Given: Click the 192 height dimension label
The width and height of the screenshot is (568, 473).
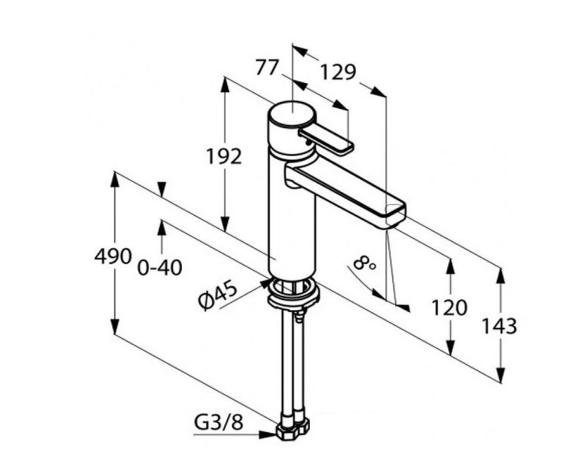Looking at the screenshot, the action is click(x=224, y=156).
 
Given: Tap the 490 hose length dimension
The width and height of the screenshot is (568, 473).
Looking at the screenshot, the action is click(x=112, y=257).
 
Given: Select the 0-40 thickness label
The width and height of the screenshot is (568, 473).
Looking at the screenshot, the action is click(x=160, y=268).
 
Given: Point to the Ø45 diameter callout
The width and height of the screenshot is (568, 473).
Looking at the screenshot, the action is click(x=218, y=295).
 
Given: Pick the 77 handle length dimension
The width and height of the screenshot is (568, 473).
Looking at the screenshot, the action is click(x=267, y=67).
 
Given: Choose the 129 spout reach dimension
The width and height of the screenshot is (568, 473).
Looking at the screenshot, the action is click(x=338, y=72).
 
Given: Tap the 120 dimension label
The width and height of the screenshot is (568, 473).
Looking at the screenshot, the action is click(x=449, y=307).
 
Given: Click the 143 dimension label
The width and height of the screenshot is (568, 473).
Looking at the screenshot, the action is click(x=499, y=326).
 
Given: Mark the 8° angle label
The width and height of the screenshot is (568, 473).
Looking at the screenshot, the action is click(x=364, y=263).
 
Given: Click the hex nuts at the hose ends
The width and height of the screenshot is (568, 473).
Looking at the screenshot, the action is click(x=293, y=429).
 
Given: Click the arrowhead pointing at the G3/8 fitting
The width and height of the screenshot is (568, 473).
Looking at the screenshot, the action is click(x=267, y=435).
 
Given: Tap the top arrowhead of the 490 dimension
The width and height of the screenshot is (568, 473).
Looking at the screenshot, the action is click(x=115, y=179).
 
